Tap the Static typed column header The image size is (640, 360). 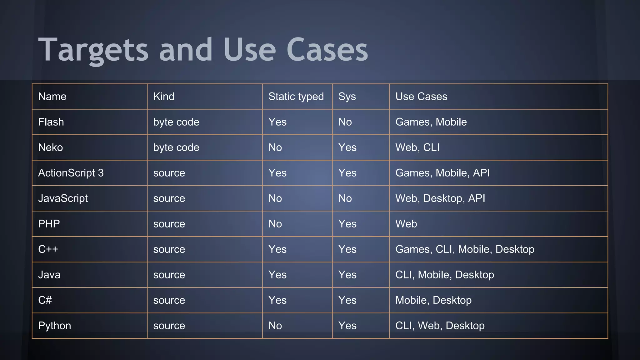click(296, 97)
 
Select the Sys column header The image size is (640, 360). click(347, 97)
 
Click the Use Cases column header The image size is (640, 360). click(421, 97)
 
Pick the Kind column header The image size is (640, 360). click(164, 97)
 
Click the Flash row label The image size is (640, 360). click(51, 122)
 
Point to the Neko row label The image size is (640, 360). click(50, 147)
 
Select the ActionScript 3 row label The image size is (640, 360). click(71, 173)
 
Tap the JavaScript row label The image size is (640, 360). click(63, 198)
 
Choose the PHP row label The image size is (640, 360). click(49, 224)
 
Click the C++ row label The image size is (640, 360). click(48, 249)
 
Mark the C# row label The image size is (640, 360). click(45, 300)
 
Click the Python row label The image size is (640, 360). click(54, 326)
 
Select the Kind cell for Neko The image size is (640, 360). click(176, 147)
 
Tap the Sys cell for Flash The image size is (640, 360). click(345, 122)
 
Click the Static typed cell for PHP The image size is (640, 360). click(275, 224)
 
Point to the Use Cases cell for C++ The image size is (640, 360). click(465, 249)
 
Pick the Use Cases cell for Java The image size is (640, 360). click(444, 275)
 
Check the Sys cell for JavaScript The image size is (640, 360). click(345, 198)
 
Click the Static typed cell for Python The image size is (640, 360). click(275, 326)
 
